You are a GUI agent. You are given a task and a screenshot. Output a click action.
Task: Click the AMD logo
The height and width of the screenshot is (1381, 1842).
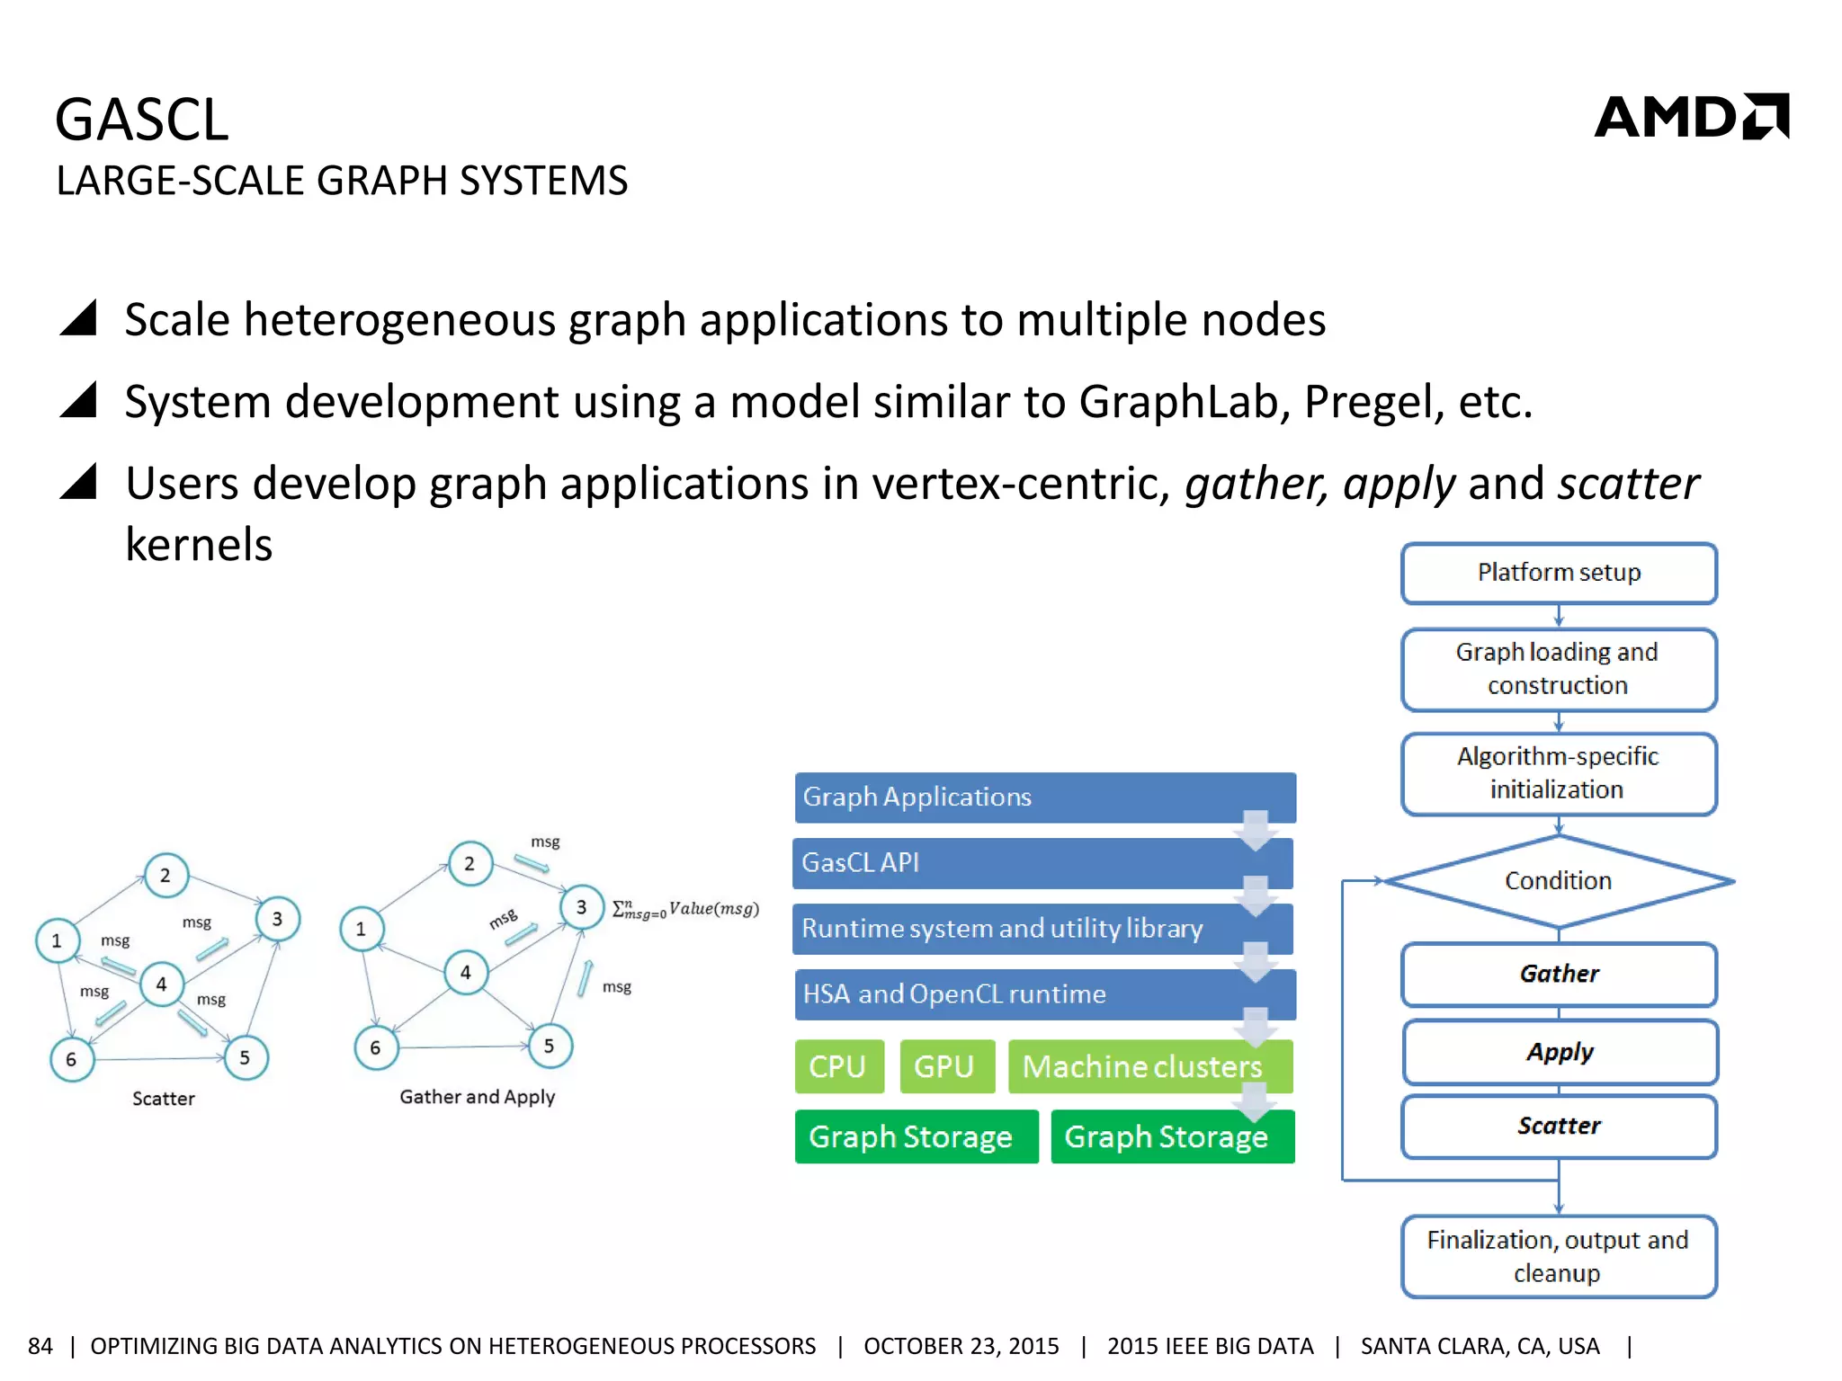[1691, 117]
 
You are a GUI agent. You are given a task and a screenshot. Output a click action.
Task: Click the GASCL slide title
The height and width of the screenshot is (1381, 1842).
[142, 120]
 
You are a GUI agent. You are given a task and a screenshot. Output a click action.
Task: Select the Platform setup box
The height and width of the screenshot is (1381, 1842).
[1558, 573]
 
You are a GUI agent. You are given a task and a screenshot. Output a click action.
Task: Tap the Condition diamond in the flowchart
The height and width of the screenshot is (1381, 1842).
[1558, 881]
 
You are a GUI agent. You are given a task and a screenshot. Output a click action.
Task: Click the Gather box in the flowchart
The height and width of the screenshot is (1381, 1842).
[1558, 974]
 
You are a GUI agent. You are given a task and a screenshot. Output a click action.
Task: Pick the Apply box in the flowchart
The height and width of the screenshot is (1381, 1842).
[1560, 1051]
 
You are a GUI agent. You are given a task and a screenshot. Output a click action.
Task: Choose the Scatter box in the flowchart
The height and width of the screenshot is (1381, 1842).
[1558, 1126]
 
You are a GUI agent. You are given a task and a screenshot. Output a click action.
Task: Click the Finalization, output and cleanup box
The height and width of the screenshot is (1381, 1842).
[1558, 1256]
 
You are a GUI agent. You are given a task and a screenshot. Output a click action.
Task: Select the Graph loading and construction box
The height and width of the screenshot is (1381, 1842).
[1558, 669]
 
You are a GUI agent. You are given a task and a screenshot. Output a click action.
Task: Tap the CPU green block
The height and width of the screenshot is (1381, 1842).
[838, 1066]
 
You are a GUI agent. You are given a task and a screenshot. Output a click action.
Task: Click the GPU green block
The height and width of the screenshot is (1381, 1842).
[945, 1066]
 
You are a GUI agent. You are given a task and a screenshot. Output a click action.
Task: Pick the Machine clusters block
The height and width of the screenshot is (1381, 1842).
[1142, 1066]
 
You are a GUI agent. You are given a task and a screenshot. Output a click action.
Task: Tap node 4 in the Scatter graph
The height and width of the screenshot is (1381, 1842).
[162, 985]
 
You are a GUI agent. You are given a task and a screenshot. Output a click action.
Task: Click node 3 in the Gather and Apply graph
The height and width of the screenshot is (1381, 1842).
[581, 907]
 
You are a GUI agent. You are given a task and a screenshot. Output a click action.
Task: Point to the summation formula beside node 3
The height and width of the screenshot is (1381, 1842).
[685, 910]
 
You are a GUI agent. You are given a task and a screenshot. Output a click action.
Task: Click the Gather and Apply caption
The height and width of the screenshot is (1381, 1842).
[477, 1097]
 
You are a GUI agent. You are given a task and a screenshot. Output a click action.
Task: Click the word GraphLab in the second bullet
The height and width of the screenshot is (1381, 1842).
[1184, 401]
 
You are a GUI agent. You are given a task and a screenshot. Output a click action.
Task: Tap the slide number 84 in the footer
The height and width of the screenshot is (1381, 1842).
[40, 1346]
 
